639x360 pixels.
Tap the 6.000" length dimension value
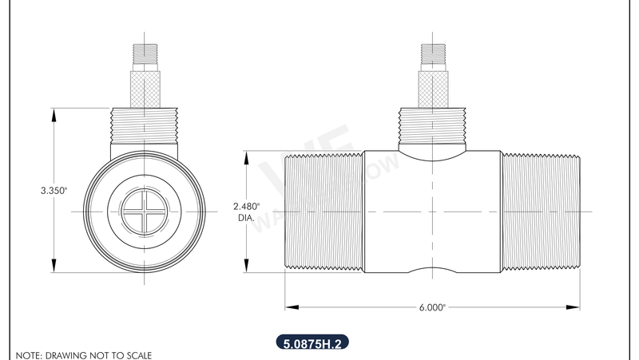(x=432, y=307)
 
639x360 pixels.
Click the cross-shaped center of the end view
(x=145, y=212)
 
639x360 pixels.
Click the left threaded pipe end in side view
(x=324, y=211)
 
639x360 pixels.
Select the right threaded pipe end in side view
(x=540, y=211)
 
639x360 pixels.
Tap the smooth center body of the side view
(x=431, y=211)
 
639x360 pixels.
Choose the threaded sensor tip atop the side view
(x=431, y=53)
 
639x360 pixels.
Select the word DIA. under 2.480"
(x=246, y=216)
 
